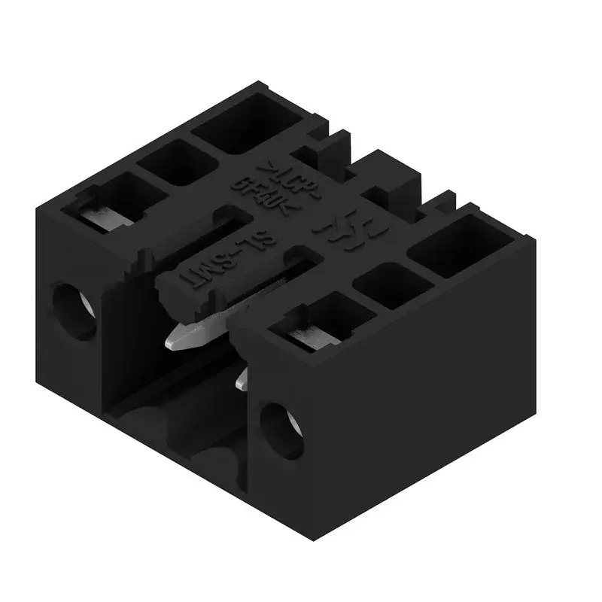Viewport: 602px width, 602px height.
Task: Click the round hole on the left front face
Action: click(x=74, y=309)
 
